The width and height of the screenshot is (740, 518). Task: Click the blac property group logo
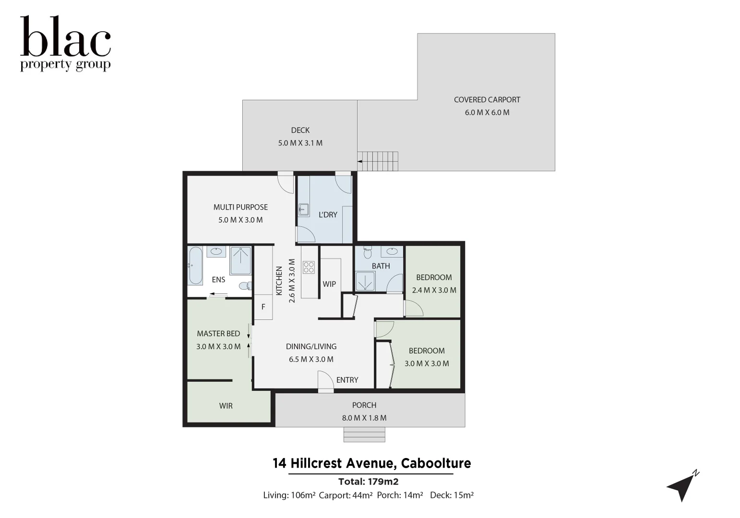[65, 44]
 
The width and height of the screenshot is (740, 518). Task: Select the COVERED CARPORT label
[487, 100]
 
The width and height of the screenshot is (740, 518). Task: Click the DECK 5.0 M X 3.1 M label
[300, 136]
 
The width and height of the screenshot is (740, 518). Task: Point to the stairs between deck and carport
[379, 161]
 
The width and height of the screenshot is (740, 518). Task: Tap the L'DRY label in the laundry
[328, 215]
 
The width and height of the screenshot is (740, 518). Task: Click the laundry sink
[303, 210]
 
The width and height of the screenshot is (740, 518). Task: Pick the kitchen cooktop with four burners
[309, 267]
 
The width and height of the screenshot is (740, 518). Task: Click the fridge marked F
[263, 307]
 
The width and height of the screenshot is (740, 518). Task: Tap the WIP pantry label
[329, 284]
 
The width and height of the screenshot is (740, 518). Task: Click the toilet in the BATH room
[368, 252]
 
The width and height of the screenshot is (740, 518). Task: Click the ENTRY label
[347, 380]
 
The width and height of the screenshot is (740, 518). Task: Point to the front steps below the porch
[364, 435]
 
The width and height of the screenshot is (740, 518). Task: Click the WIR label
[226, 406]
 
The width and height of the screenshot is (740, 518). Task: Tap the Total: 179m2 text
[368, 482]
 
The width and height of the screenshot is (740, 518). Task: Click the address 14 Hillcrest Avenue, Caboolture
[371, 463]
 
